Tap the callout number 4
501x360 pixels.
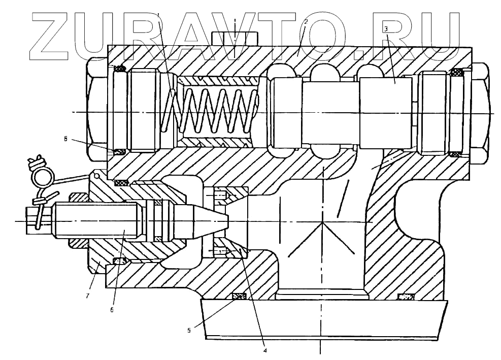click(x=264, y=349)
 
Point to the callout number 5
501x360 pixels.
click(x=189, y=330)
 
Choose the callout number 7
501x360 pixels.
click(x=87, y=296)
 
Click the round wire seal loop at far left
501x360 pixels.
click(x=43, y=177)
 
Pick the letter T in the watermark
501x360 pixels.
click(x=287, y=34)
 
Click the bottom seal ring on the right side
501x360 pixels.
click(x=406, y=296)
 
